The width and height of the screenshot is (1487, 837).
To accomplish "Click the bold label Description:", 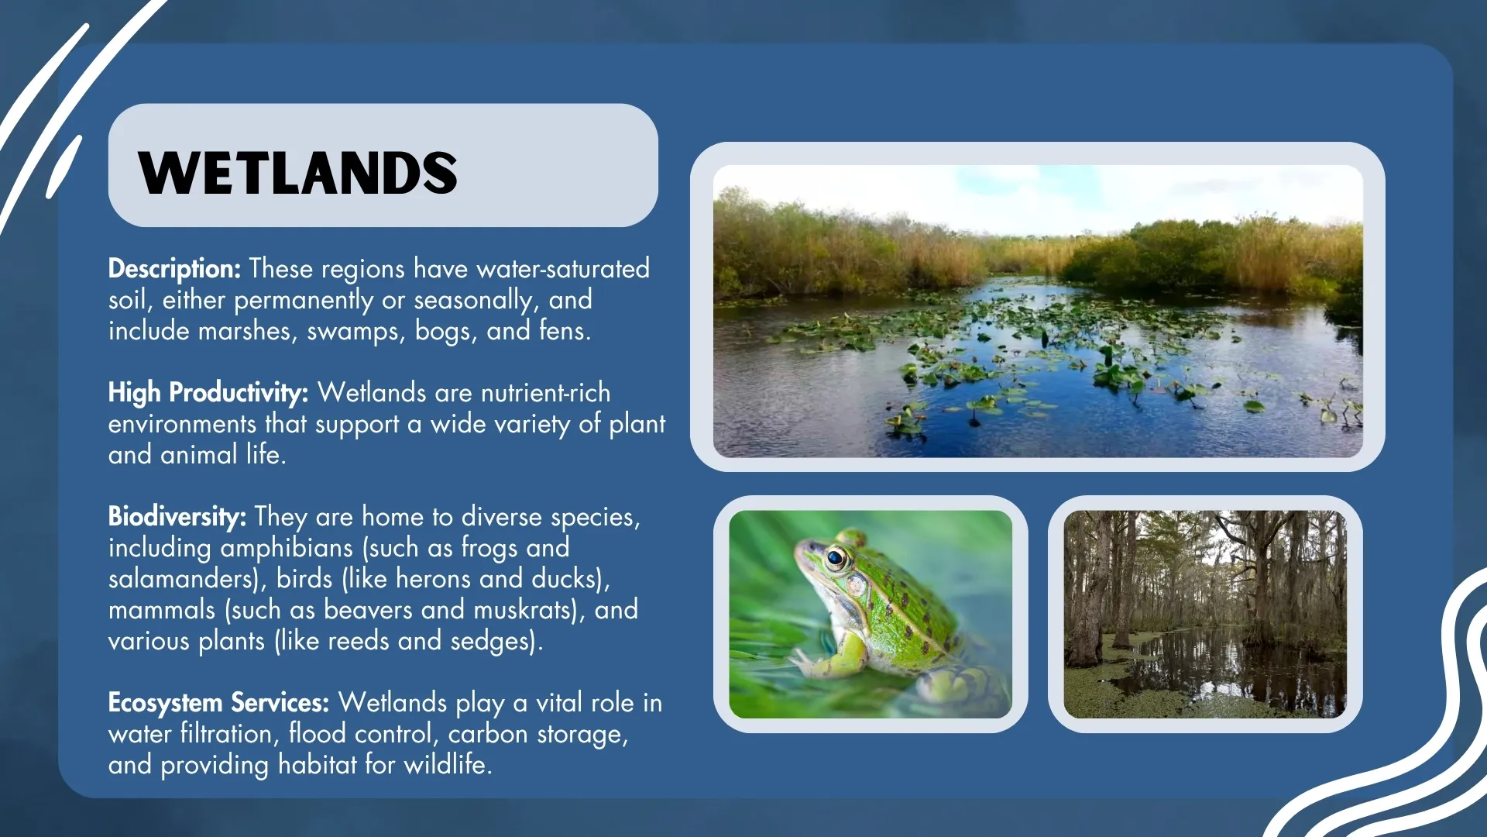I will point(174,269).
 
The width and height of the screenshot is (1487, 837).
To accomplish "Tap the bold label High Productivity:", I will point(208,393).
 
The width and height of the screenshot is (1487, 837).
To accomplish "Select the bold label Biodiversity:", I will point(177,517).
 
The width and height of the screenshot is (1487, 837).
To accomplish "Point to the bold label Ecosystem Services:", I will point(218,703).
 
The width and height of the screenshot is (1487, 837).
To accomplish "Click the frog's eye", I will point(836,557).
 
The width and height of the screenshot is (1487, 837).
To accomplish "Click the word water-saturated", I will point(562,269).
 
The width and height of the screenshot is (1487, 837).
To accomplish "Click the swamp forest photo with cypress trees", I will point(1204,614).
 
